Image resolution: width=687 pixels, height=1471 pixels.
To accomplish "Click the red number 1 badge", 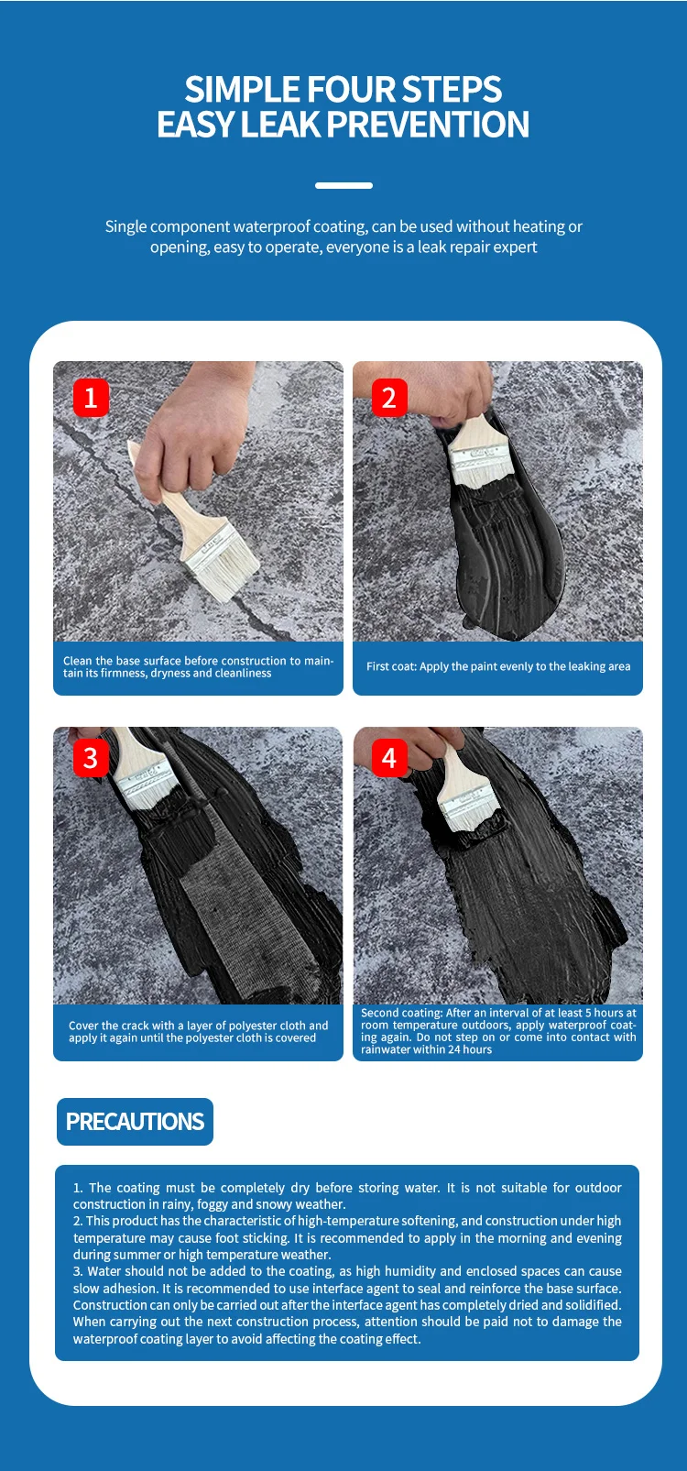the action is pos(91,397).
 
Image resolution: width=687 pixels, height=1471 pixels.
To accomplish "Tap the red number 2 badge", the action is pos(389,397).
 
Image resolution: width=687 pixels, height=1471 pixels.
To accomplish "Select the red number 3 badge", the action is pos(91,758).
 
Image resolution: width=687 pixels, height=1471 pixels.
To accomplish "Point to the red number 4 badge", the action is pos(389,758).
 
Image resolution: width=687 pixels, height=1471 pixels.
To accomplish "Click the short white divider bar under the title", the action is pos(343,186).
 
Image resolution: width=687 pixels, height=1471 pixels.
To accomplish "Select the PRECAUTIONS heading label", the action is pos(136,1122).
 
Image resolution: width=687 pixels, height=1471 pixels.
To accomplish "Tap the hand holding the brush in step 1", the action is pos(184,436).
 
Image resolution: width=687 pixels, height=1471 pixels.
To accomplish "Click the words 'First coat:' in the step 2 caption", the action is pos(392,666).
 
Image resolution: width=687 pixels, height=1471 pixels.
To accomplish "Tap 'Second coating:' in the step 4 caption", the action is pos(401,1013).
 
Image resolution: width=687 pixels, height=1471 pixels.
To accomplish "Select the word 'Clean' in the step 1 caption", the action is pos(78,661).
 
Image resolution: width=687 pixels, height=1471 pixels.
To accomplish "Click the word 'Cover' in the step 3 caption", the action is pos(82,1026).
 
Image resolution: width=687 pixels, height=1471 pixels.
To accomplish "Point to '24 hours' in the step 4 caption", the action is pos(470,1049).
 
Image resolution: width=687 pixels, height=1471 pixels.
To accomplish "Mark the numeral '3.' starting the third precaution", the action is pos(78,1271).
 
